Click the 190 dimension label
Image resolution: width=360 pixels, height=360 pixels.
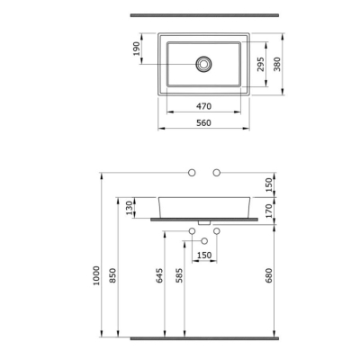click(x=137, y=49)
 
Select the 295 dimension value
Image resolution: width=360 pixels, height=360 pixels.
click(x=261, y=64)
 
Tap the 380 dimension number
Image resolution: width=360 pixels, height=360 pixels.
click(x=277, y=64)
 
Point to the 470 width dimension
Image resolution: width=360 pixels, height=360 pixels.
click(x=203, y=106)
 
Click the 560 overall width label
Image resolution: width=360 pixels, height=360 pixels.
click(x=203, y=122)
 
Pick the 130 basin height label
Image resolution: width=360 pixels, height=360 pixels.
click(x=130, y=208)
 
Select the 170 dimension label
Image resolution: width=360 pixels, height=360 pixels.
click(x=269, y=211)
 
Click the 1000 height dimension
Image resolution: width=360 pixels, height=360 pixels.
click(x=96, y=275)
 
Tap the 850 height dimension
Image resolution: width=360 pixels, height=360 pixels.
click(x=112, y=275)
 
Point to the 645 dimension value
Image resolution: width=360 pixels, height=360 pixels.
click(x=159, y=275)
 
